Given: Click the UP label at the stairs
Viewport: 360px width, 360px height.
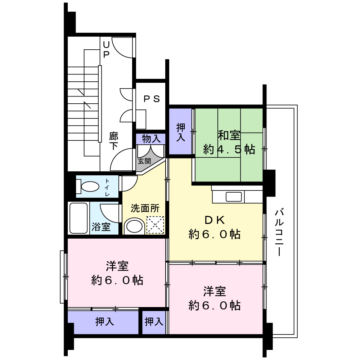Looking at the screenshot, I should [106, 49].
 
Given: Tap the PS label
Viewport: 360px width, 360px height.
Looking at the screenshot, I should [152, 99].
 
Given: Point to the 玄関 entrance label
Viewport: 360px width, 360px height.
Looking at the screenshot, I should [145, 161].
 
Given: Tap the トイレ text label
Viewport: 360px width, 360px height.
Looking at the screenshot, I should [107, 187].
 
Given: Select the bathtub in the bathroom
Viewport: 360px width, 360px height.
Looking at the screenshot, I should [78, 218].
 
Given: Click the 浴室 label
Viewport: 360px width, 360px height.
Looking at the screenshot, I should [101, 227].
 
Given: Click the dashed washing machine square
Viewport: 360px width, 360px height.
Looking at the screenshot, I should [155, 225].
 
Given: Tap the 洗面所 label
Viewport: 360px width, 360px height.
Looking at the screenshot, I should [144, 208].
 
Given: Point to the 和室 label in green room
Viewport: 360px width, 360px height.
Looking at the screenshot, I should [229, 136].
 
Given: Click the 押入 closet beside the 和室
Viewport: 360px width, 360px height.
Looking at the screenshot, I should [181, 132].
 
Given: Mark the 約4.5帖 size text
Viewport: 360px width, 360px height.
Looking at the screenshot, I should [229, 149].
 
